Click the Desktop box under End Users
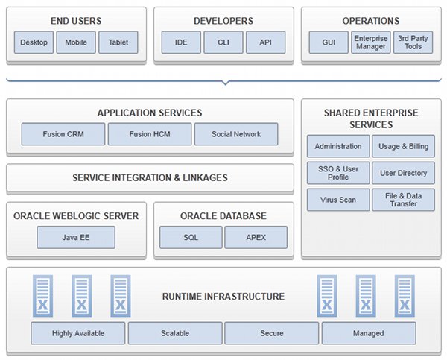click(x=34, y=42)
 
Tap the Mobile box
click(x=76, y=42)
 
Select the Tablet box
click(x=118, y=42)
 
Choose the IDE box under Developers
click(x=181, y=42)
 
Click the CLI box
click(x=223, y=42)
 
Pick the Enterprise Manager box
click(x=371, y=42)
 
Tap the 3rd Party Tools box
click(x=413, y=42)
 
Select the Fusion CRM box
click(x=63, y=134)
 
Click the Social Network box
click(x=236, y=134)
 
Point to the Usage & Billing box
click(x=403, y=146)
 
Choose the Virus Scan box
click(x=338, y=200)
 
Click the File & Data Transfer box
click(x=403, y=200)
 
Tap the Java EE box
click(x=76, y=237)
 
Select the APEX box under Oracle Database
click(x=256, y=237)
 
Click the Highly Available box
click(x=78, y=333)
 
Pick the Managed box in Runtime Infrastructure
click(x=369, y=333)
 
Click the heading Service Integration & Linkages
click(x=150, y=177)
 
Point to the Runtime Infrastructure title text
click(x=223, y=297)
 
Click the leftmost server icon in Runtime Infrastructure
click(x=42, y=296)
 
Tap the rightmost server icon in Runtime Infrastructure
click(x=405, y=296)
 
